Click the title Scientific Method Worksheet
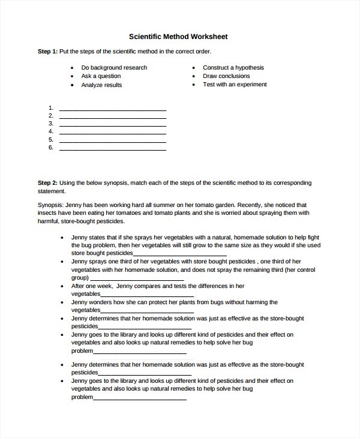(x=179, y=37)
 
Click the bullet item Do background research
(x=114, y=68)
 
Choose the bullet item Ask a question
(x=101, y=76)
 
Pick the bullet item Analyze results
(x=101, y=85)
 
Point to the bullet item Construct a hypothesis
(x=233, y=68)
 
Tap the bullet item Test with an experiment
(x=235, y=85)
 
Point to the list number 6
(x=51, y=147)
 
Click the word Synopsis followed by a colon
(x=51, y=205)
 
